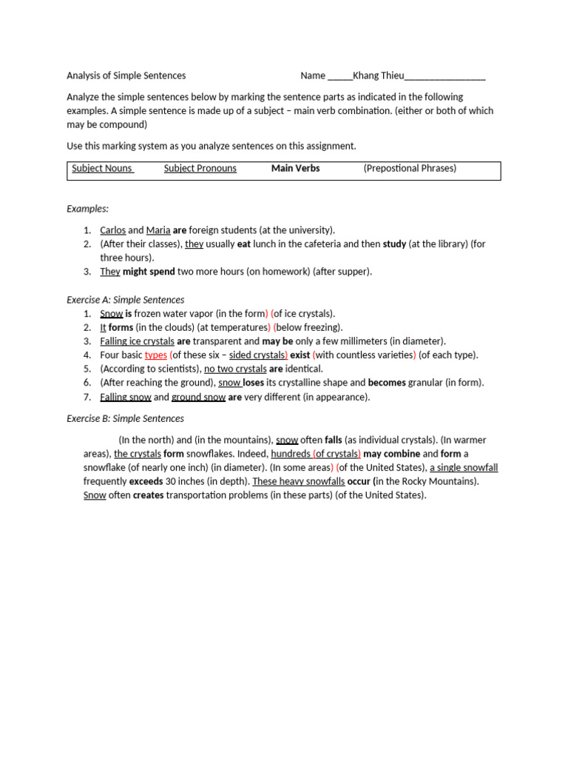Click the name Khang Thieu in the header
(x=379, y=76)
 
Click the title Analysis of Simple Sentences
(x=126, y=76)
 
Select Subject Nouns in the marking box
(x=102, y=169)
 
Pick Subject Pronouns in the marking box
(x=200, y=169)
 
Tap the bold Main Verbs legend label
(x=295, y=169)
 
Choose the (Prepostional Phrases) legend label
(x=410, y=169)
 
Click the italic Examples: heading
(x=87, y=209)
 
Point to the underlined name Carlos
(x=112, y=230)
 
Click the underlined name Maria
(x=158, y=230)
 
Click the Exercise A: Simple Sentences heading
(x=125, y=300)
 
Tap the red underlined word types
(x=155, y=355)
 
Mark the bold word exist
(x=300, y=355)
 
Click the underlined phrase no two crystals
(x=235, y=369)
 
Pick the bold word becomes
(x=387, y=383)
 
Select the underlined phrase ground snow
(x=198, y=397)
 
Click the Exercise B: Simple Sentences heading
(x=125, y=419)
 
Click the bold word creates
(x=148, y=495)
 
